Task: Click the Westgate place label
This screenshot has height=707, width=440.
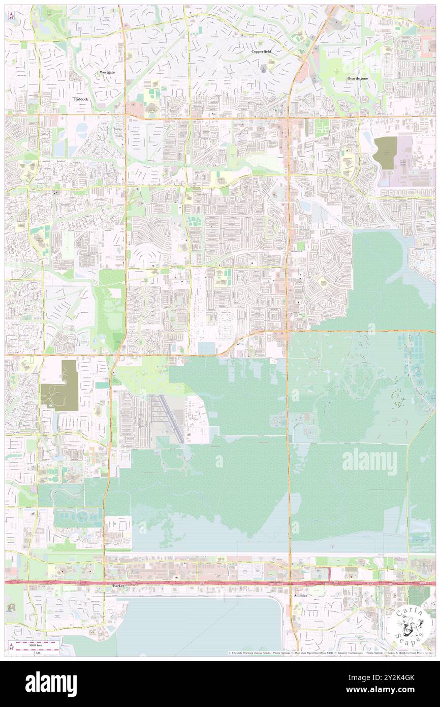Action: pos(107,73)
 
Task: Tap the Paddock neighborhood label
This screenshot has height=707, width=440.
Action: pos(80,99)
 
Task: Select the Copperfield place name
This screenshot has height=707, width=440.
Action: pos(261,52)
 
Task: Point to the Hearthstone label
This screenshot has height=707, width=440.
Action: pos(358,79)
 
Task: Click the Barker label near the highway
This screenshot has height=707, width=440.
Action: pos(119,586)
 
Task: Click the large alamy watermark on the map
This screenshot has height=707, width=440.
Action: pos(369,462)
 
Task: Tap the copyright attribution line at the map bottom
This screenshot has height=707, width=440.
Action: pos(330,653)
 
